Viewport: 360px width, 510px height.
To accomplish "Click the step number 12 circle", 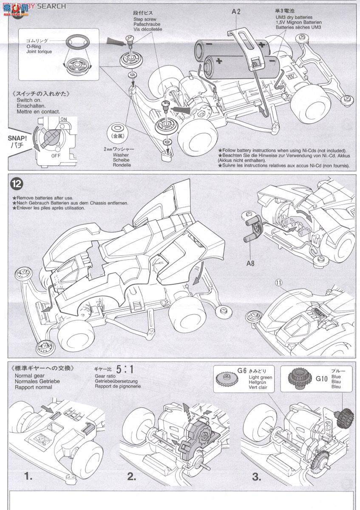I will tap(16, 184).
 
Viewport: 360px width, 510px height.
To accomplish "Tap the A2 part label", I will tap(236, 12).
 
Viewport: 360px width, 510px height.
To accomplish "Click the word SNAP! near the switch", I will tap(17, 139).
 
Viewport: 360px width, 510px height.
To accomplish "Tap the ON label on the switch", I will tap(63, 119).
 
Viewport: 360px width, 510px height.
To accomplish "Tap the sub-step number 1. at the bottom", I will tap(28, 476).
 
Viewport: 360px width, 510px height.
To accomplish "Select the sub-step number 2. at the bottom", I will tap(131, 476).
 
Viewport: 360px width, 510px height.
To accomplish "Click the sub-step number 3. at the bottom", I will tap(256, 476).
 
